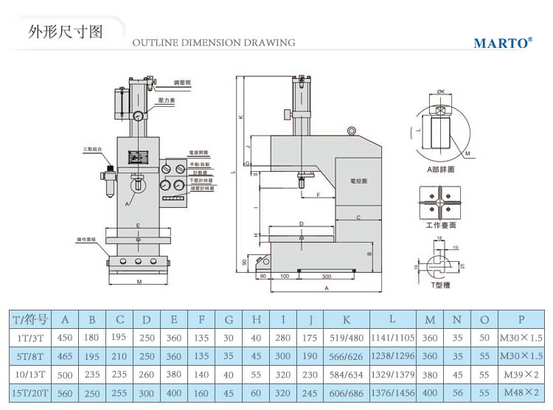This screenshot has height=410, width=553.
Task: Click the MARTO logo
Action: click(x=502, y=43)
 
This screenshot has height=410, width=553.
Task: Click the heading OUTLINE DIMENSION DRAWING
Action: click(x=214, y=43)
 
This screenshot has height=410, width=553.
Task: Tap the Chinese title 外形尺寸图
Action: click(x=64, y=32)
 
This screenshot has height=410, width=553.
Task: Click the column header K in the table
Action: click(x=347, y=319)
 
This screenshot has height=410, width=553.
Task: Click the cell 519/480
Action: click(x=347, y=338)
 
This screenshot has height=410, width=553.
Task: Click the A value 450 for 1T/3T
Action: click(x=64, y=338)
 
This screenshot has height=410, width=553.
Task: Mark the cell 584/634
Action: click(x=347, y=374)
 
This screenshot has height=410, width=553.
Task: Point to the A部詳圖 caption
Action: click(x=441, y=169)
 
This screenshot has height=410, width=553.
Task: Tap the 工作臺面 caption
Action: click(x=441, y=225)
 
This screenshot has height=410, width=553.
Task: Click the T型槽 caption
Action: click(x=441, y=284)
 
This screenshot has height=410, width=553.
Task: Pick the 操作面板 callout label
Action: click(x=87, y=240)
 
